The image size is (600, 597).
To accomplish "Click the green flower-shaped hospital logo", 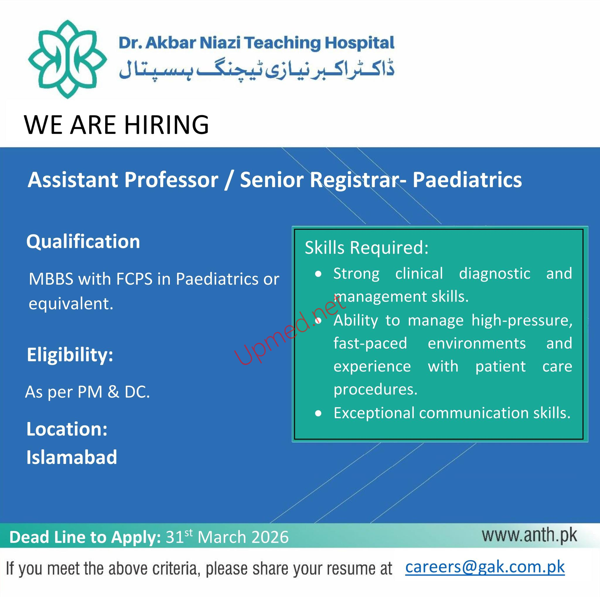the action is tap(67, 59).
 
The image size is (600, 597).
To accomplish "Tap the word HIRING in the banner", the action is tap(166, 125).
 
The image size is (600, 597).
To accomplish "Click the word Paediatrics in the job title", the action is tap(467, 180).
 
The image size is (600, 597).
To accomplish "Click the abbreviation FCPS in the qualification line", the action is tap(134, 279).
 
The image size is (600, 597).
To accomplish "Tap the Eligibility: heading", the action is tap(70, 355).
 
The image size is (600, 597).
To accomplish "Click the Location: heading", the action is tap(67, 429).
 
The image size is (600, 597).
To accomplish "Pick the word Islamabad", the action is tap(72, 457).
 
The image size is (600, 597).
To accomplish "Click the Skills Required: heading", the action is tap(367, 248).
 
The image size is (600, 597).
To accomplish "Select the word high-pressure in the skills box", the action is tap(522, 321).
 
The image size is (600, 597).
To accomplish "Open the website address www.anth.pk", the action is tap(529, 535).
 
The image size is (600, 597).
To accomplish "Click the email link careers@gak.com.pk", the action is tap(485, 567).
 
